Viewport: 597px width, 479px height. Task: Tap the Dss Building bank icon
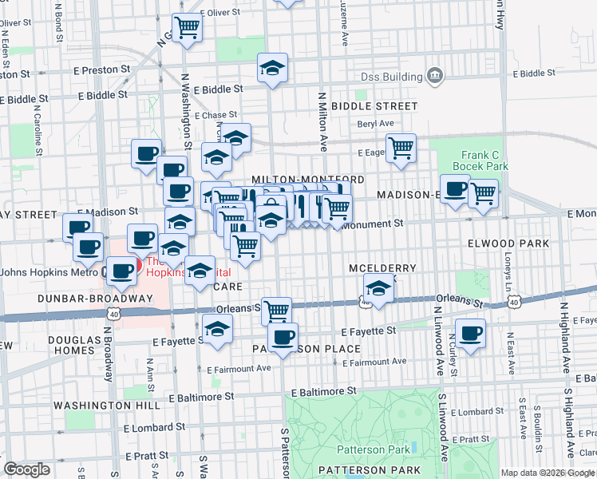coord(435,76)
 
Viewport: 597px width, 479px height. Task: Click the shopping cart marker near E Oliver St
coord(187,26)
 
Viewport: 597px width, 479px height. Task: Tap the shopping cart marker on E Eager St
coord(401,146)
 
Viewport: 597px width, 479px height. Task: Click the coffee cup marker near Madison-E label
coord(455,189)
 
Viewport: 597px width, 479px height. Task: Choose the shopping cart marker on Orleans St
coord(276,310)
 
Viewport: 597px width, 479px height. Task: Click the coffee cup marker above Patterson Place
coord(283,337)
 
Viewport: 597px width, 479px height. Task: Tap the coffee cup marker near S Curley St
coord(470,331)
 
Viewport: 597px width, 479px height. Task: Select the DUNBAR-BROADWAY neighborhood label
coord(93,299)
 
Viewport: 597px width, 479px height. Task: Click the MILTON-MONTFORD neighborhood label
coord(307,180)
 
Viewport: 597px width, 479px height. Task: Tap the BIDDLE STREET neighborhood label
coord(374,106)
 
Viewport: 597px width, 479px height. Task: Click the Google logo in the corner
coord(27,469)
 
